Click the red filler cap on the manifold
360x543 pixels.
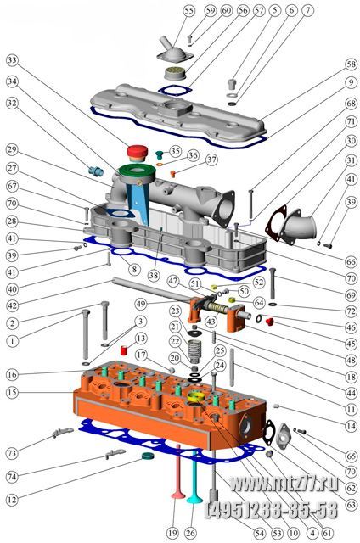click(138, 153)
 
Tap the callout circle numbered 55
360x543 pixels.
click(188, 11)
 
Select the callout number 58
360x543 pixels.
click(352, 64)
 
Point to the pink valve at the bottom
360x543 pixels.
click(178, 472)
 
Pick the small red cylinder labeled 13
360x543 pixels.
click(125, 350)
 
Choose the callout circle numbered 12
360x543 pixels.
click(12, 500)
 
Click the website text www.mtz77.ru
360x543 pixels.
click(284, 484)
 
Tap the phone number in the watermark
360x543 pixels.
click(272, 510)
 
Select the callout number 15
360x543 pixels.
click(12, 392)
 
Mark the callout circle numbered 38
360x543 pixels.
click(154, 275)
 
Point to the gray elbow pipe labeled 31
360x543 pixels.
click(298, 226)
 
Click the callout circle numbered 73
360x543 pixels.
click(12, 453)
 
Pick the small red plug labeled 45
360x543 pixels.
click(269, 322)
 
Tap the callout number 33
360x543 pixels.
click(12, 60)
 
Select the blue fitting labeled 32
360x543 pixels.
click(96, 171)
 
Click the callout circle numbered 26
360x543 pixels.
click(190, 533)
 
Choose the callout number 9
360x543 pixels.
click(352, 83)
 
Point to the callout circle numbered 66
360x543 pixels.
click(352, 262)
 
